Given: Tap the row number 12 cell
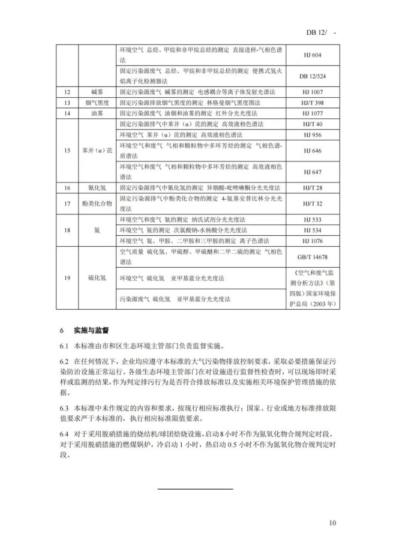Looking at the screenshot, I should click(68, 93).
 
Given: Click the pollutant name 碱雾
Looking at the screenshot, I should click(97, 93).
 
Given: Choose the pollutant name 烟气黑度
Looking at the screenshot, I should click(97, 103).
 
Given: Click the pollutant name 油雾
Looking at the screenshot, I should click(97, 113).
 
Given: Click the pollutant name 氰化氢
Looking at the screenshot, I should click(97, 188).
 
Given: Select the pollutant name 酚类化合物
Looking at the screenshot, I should click(97, 203).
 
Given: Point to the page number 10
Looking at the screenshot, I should click(332, 524).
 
